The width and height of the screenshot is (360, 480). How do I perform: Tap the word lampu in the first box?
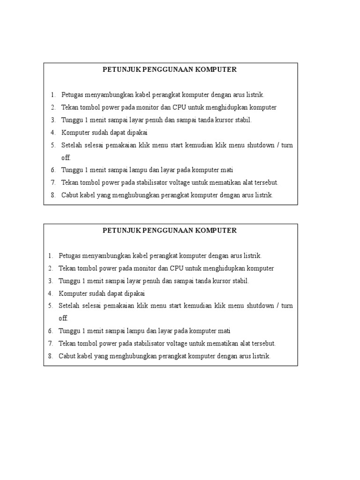click(140, 170)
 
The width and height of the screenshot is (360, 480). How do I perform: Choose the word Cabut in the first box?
click(70, 195)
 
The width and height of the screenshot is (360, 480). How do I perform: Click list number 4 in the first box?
click(53, 133)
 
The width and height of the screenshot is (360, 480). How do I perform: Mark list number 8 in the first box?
click(53, 195)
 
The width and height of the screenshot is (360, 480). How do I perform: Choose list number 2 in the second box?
click(50, 269)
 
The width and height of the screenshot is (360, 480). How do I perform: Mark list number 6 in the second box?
click(50, 331)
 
